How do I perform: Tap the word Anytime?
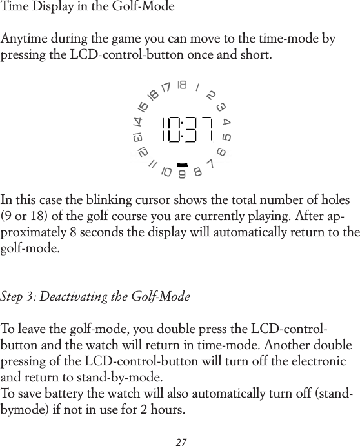coord(25,40)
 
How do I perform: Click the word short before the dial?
coord(257,54)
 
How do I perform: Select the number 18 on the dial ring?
coord(182,85)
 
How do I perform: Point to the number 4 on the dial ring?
coord(226,122)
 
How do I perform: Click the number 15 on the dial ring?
coord(143,106)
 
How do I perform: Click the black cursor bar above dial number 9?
coord(182,165)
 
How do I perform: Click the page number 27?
coord(181,442)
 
